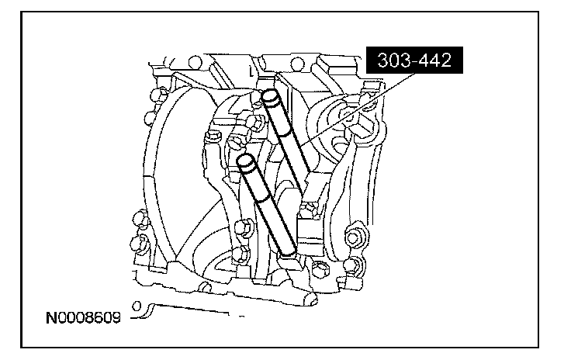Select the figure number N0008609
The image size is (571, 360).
click(83, 318)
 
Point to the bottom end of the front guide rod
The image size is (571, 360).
click(288, 250)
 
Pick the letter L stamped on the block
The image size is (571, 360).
click(251, 71)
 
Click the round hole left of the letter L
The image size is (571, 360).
click(196, 62)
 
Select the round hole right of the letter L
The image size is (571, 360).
click(297, 65)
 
